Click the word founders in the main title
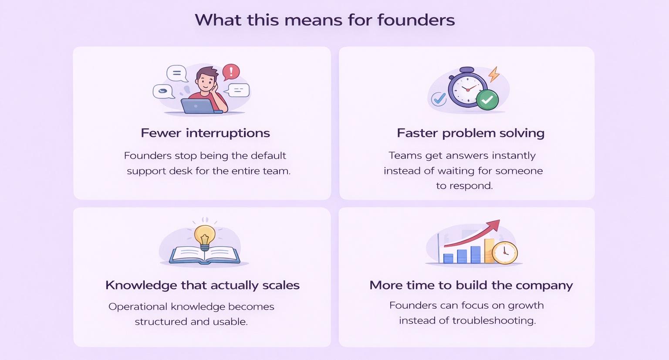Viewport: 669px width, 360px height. tap(416, 20)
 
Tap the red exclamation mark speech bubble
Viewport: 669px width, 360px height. tap(231, 72)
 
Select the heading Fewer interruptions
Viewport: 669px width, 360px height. tap(205, 133)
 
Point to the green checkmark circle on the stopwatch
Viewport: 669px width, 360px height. tap(487, 100)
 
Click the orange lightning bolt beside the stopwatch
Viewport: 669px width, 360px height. tap(493, 74)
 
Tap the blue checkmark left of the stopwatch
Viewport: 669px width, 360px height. tap(439, 98)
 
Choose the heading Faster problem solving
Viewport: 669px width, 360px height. tap(471, 133)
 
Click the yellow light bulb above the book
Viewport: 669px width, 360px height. tap(205, 238)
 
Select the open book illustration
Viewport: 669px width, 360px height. tap(205, 255)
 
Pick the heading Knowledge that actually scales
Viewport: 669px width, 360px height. tap(203, 285)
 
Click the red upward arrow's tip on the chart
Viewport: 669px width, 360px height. tap(500, 221)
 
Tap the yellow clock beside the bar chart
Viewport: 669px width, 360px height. tap(505, 253)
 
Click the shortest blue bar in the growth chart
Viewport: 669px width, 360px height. tap(448, 258)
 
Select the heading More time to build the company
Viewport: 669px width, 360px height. tap(471, 285)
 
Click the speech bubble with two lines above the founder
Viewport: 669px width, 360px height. tap(177, 74)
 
